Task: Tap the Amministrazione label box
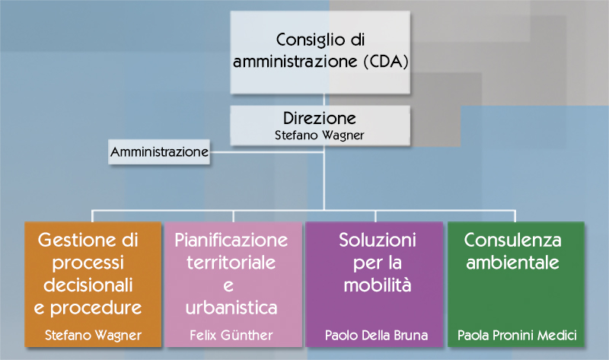[159, 152]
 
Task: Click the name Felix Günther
[231, 335]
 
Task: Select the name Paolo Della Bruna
[375, 335]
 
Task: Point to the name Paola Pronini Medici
[517, 335]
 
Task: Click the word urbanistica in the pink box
[231, 308]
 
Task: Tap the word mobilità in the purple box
[377, 286]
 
